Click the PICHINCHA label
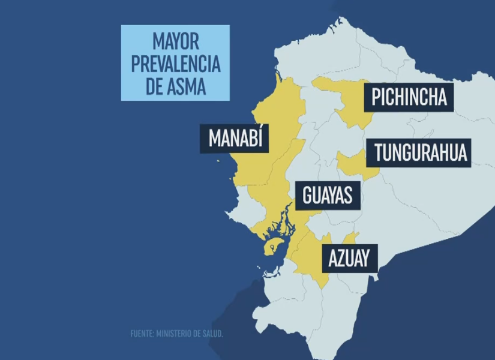point(410,97)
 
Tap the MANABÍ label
point(235,139)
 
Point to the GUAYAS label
point(327,196)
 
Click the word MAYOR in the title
point(175,42)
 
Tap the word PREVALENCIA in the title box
point(175,64)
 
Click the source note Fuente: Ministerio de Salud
point(176,334)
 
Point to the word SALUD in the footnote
point(213,334)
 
